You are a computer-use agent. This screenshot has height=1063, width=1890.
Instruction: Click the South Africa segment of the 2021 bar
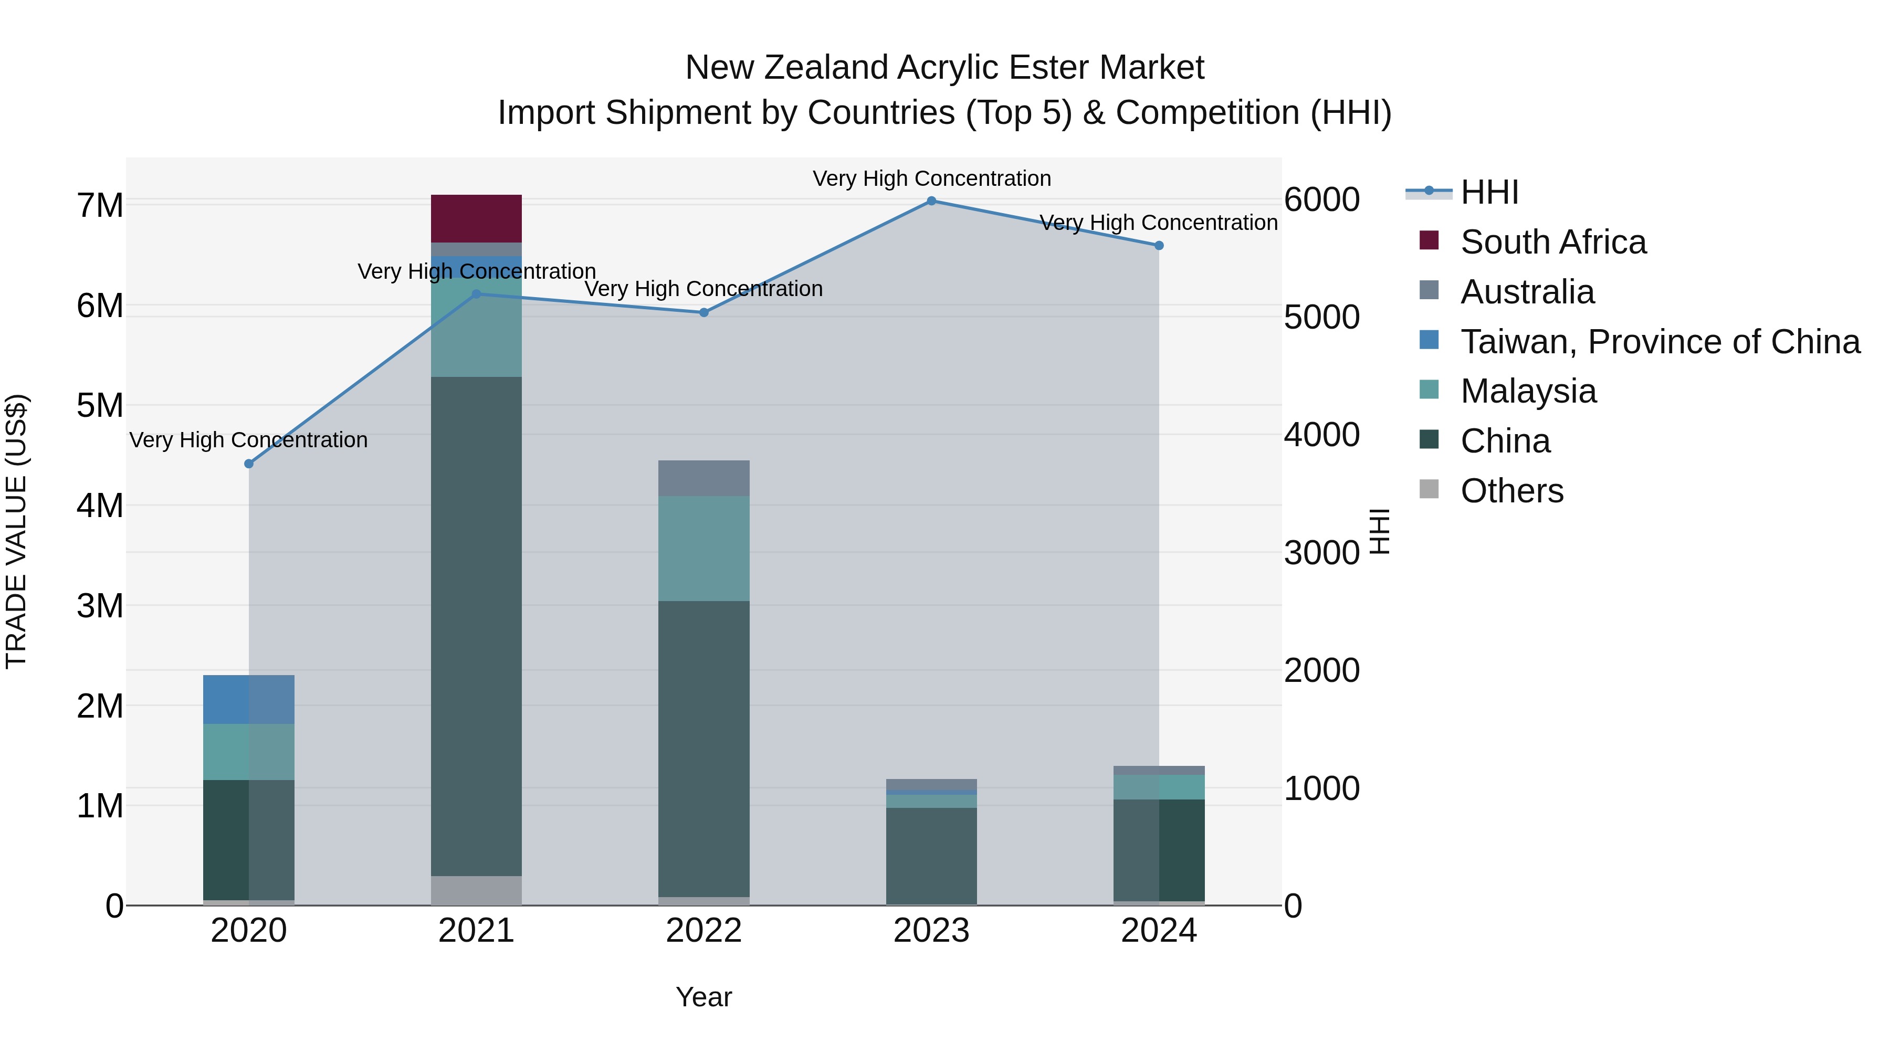pos(476,218)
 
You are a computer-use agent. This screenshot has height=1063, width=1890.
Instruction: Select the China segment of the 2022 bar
pos(703,748)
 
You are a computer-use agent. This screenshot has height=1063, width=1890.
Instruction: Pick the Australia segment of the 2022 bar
pos(703,478)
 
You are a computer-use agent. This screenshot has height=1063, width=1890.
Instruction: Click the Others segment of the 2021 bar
pos(476,890)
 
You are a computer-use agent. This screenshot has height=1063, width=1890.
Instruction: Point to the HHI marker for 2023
pos(931,201)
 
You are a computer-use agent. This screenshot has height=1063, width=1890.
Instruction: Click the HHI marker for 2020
pos(249,464)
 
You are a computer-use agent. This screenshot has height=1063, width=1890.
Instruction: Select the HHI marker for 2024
pos(1159,246)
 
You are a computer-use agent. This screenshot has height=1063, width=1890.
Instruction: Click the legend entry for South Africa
pos(1552,242)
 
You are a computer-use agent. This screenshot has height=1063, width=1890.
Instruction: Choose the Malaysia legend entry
pos(1528,391)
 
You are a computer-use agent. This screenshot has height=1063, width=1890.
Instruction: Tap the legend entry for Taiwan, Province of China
pos(1660,342)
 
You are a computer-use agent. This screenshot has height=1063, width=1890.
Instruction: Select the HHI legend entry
pos(1489,192)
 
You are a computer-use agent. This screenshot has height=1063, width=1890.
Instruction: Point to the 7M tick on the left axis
pos(100,205)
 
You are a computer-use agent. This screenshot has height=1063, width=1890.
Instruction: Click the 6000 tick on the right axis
pos(1321,199)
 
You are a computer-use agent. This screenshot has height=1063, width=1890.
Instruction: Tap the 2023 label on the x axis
pos(931,931)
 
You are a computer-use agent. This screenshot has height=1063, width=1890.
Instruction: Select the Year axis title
pos(703,997)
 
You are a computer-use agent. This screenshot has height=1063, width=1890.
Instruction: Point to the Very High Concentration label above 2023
pos(931,178)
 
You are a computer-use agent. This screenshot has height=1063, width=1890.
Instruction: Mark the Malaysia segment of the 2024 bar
pos(1159,786)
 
